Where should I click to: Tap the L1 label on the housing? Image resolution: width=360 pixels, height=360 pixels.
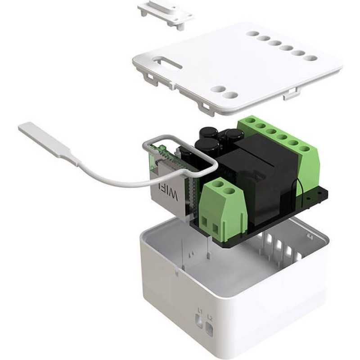(199, 311)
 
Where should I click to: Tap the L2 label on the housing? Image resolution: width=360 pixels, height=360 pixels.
(209, 318)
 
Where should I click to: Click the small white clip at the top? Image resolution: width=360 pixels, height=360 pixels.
(165, 15)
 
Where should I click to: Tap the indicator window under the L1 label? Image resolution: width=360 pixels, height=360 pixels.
(199, 321)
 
